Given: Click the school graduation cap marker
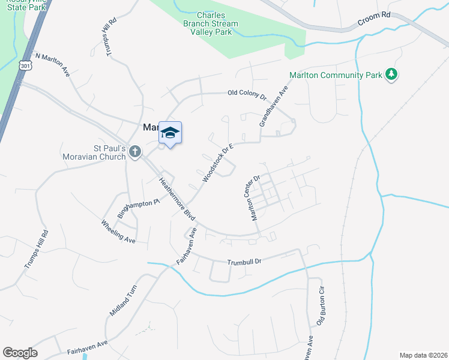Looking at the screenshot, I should (x=170, y=133).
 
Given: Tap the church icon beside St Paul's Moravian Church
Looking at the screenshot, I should (x=134, y=152).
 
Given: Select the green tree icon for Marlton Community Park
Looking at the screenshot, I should (x=392, y=74).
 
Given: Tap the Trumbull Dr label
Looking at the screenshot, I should (x=245, y=262).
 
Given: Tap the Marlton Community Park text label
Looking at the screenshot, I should (x=335, y=75).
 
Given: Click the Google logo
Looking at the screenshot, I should (x=20, y=352).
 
